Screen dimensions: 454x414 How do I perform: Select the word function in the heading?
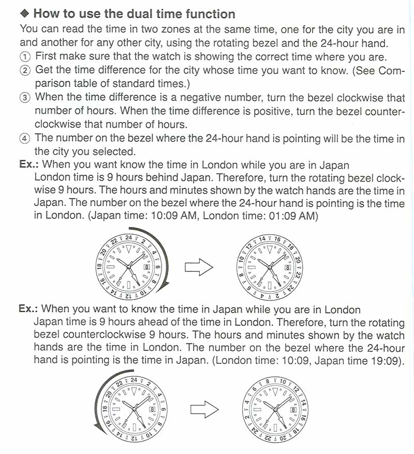pyautogui.click(x=210, y=14)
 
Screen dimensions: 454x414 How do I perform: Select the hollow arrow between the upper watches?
pyautogui.click(x=199, y=267)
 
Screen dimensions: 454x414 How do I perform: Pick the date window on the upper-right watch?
pyautogui.click(x=287, y=267)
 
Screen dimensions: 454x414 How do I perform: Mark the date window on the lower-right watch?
pyautogui.click(x=293, y=409)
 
